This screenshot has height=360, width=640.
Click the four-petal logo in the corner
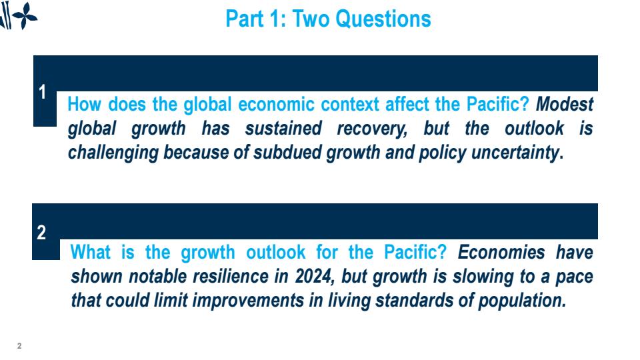[x=25, y=16]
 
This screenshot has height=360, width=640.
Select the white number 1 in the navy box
[x=42, y=92]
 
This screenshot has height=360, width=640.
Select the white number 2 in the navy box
[x=41, y=233]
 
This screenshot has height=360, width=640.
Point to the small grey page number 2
[x=19, y=346]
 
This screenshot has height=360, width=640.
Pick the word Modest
[x=565, y=105]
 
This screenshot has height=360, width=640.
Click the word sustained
[x=283, y=128]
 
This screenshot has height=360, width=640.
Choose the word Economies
[x=501, y=252]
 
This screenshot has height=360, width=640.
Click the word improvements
[x=248, y=301]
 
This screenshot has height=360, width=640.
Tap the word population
[x=521, y=301]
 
